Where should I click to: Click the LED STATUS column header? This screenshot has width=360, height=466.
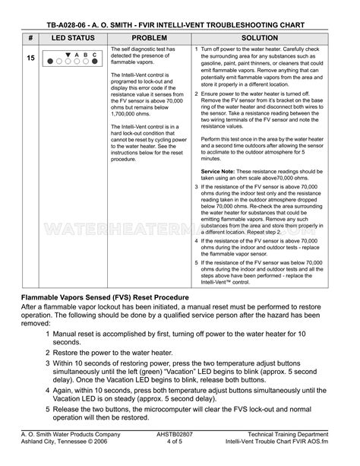point(72,37)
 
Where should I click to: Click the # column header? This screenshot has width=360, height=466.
point(29,37)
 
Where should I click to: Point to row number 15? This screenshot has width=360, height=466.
point(30,58)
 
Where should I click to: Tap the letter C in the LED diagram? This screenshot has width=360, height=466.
point(94,55)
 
